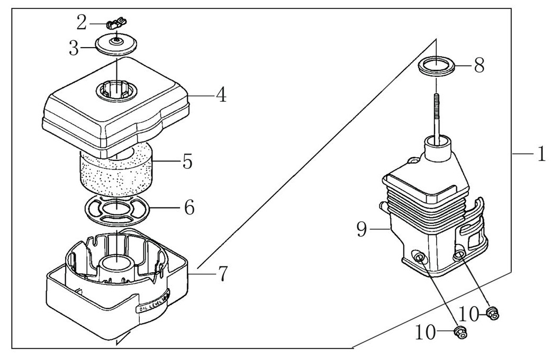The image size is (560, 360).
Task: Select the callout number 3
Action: pyautogui.click(x=74, y=49)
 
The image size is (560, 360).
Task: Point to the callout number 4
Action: pyautogui.click(x=221, y=95)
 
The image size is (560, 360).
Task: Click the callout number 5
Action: pyautogui.click(x=187, y=161)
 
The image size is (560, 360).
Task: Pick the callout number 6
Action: pyautogui.click(x=188, y=207)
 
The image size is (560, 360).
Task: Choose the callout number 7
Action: pyautogui.click(x=222, y=274)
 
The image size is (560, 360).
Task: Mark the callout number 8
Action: pyautogui.click(x=478, y=66)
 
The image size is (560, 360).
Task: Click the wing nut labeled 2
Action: pyautogui.click(x=116, y=23)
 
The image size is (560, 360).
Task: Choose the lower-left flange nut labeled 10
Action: pyautogui.click(x=460, y=334)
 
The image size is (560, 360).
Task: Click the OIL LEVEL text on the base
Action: pyautogui.click(x=151, y=308)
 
